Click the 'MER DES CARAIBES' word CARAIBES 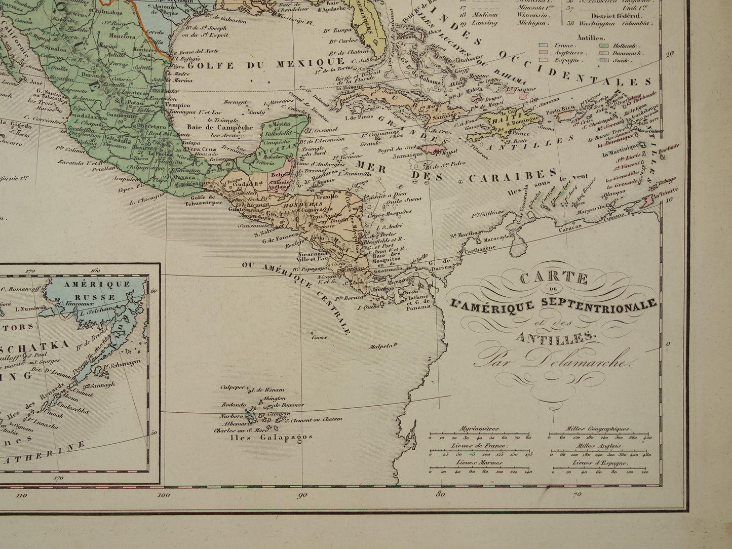click(x=512, y=176)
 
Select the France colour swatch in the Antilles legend click(x=545, y=45)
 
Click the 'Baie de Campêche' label click(x=226, y=128)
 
